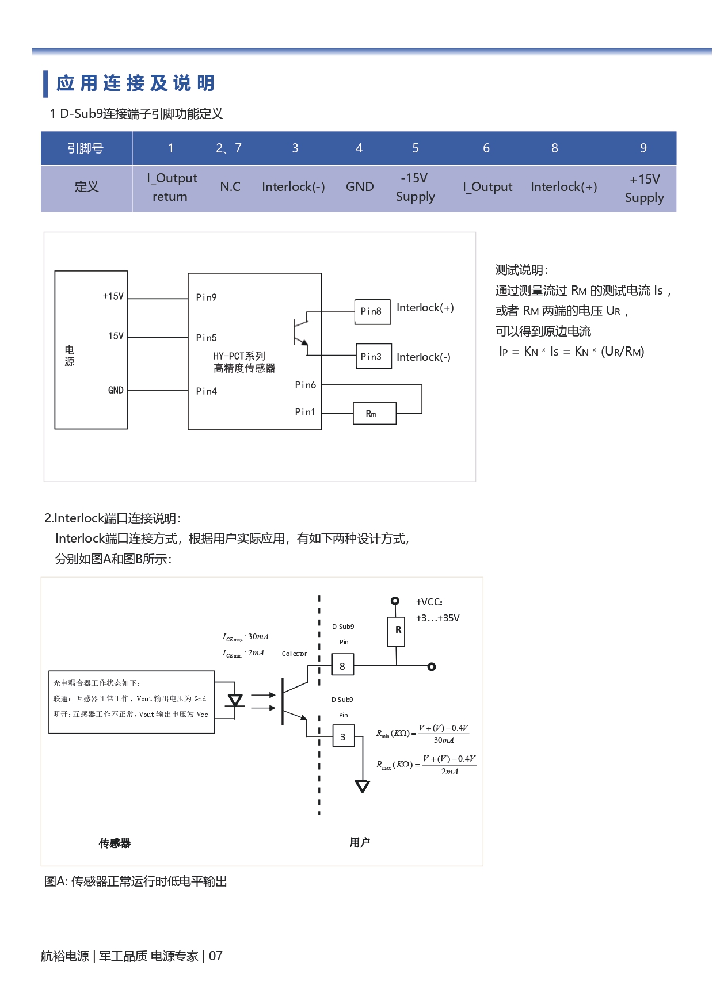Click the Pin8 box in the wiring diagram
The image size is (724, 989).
[x=372, y=311]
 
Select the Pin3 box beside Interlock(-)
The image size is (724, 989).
[x=372, y=356]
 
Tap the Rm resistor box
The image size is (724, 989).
[x=374, y=413]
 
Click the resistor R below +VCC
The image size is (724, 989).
[x=397, y=631]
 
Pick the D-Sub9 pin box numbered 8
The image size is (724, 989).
[x=342, y=665]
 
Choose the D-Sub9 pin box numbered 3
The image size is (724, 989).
[x=343, y=736]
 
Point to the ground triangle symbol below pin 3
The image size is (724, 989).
[x=362, y=786]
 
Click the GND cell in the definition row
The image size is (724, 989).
[x=360, y=187]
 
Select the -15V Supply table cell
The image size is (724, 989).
[x=415, y=188]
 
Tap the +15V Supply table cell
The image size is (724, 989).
[x=644, y=188]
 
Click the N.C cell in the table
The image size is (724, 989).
[x=230, y=187]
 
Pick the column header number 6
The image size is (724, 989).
[x=486, y=148]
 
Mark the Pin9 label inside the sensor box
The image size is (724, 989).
[x=206, y=297]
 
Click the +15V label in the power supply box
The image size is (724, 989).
[x=113, y=296]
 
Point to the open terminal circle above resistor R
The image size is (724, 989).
[x=395, y=601]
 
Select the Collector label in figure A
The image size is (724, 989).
[x=294, y=654]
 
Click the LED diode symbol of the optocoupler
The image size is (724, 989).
[x=235, y=700]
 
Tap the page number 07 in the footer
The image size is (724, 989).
[x=216, y=956]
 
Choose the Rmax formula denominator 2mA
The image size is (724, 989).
[x=449, y=772]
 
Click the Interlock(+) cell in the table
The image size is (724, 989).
[x=563, y=187]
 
